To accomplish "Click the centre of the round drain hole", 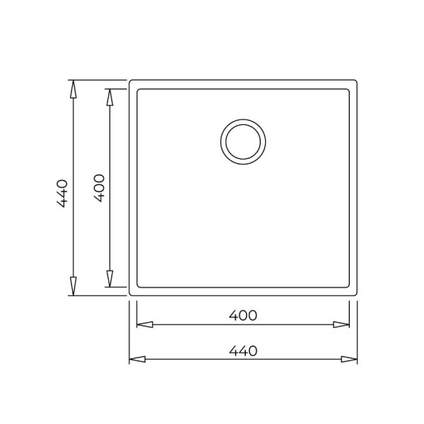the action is [x=243, y=142].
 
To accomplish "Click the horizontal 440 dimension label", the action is [x=243, y=351].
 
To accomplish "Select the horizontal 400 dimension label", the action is [x=243, y=315].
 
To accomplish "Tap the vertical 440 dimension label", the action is [x=62, y=194].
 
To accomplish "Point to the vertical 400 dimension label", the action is [x=99, y=188].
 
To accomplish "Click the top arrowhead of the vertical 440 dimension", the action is [x=73, y=89].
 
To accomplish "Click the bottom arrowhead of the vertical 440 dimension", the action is [x=73, y=285].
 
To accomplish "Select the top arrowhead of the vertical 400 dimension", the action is [x=110, y=98].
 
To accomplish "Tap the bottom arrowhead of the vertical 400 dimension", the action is [x=110, y=278].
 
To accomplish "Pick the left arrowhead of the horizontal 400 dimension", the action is [x=145, y=324].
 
